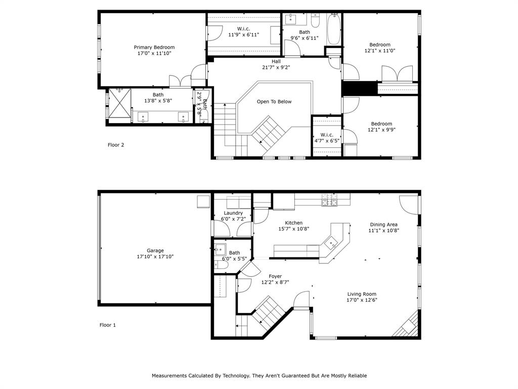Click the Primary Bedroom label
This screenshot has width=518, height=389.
pyautogui.click(x=154, y=47)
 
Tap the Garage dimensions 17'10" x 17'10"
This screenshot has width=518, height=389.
pyautogui.click(x=155, y=257)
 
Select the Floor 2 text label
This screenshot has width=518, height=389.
pyautogui.click(x=116, y=145)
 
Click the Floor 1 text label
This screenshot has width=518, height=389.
pyautogui.click(x=108, y=325)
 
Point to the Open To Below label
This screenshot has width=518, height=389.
pyautogui.click(x=274, y=102)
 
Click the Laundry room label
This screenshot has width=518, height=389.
pyautogui.click(x=233, y=213)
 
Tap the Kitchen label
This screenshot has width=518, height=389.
pyautogui.click(x=293, y=223)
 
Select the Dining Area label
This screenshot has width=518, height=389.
pyautogui.click(x=383, y=224)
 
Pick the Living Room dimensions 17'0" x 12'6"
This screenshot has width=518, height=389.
pyautogui.click(x=362, y=300)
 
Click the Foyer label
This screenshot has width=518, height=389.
pyautogui.click(x=275, y=277)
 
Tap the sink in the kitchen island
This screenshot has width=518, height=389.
pyautogui.click(x=332, y=243)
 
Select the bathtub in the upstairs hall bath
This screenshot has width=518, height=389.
pyautogui.click(x=334, y=29)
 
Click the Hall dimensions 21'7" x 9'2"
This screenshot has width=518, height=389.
pyautogui.click(x=276, y=67)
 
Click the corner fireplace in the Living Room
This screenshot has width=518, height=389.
pyautogui.click(x=408, y=327)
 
